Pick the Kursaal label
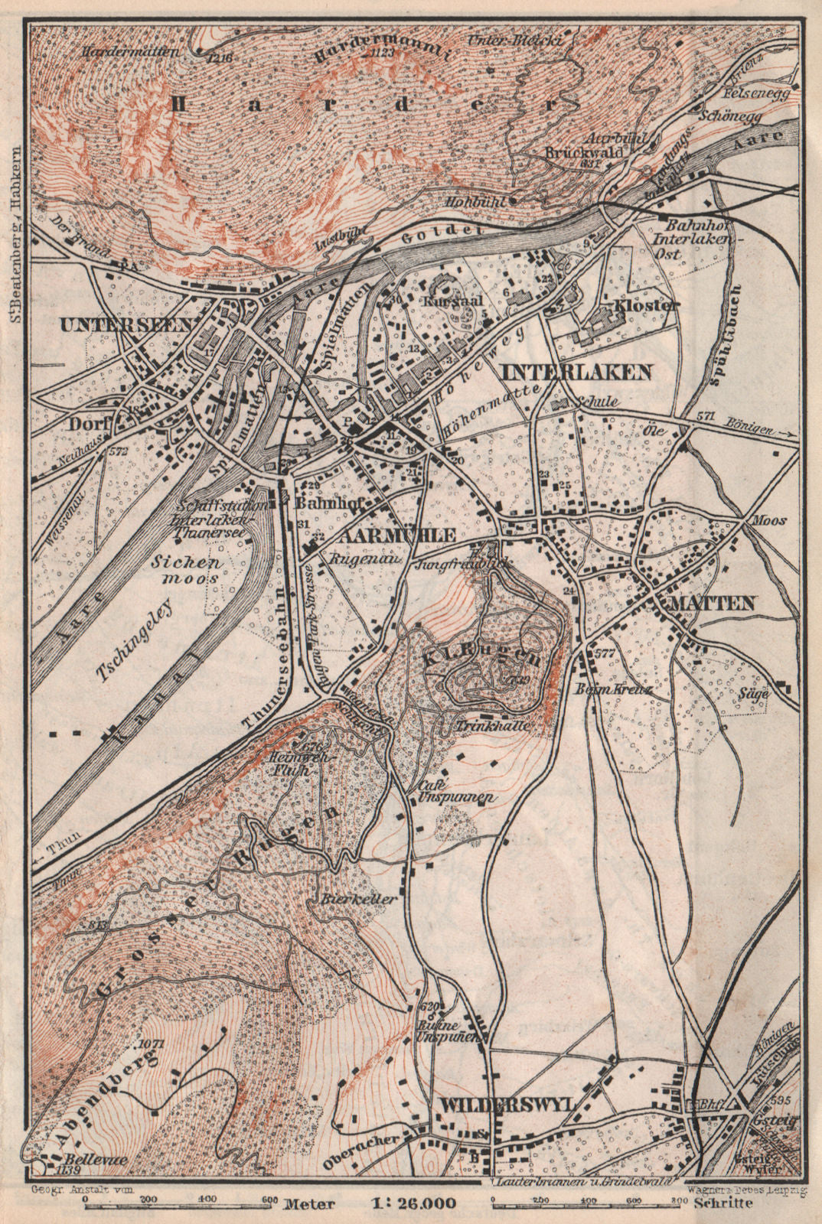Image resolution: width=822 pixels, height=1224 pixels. [458, 301]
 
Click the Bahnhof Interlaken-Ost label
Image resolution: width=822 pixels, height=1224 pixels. [695, 227]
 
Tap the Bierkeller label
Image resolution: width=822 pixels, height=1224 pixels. [360, 899]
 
